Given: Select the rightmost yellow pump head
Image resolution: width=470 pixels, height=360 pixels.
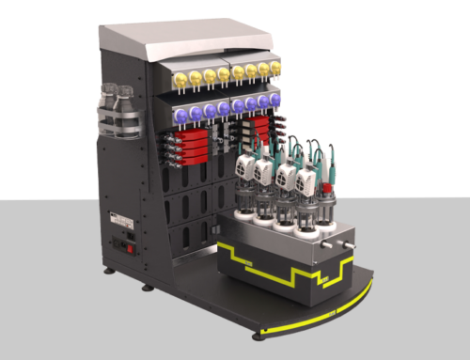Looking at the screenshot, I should coord(275,68).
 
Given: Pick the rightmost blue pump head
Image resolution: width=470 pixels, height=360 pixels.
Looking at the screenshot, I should coord(275,99).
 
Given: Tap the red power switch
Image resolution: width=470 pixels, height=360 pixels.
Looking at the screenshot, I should coord(119,249).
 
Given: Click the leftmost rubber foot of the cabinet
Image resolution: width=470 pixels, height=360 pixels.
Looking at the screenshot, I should coord(110,273).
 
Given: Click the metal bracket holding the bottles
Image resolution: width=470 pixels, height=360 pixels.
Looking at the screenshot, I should coord(120,122).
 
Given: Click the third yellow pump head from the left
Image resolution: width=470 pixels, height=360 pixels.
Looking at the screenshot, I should coord(209,74).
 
